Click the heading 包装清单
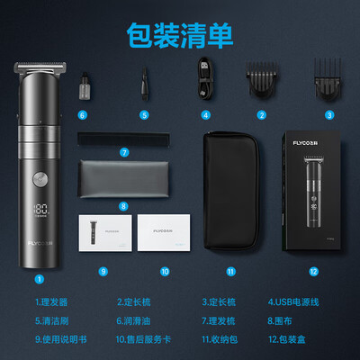[x=179, y=32]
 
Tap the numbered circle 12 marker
[x=313, y=270]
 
